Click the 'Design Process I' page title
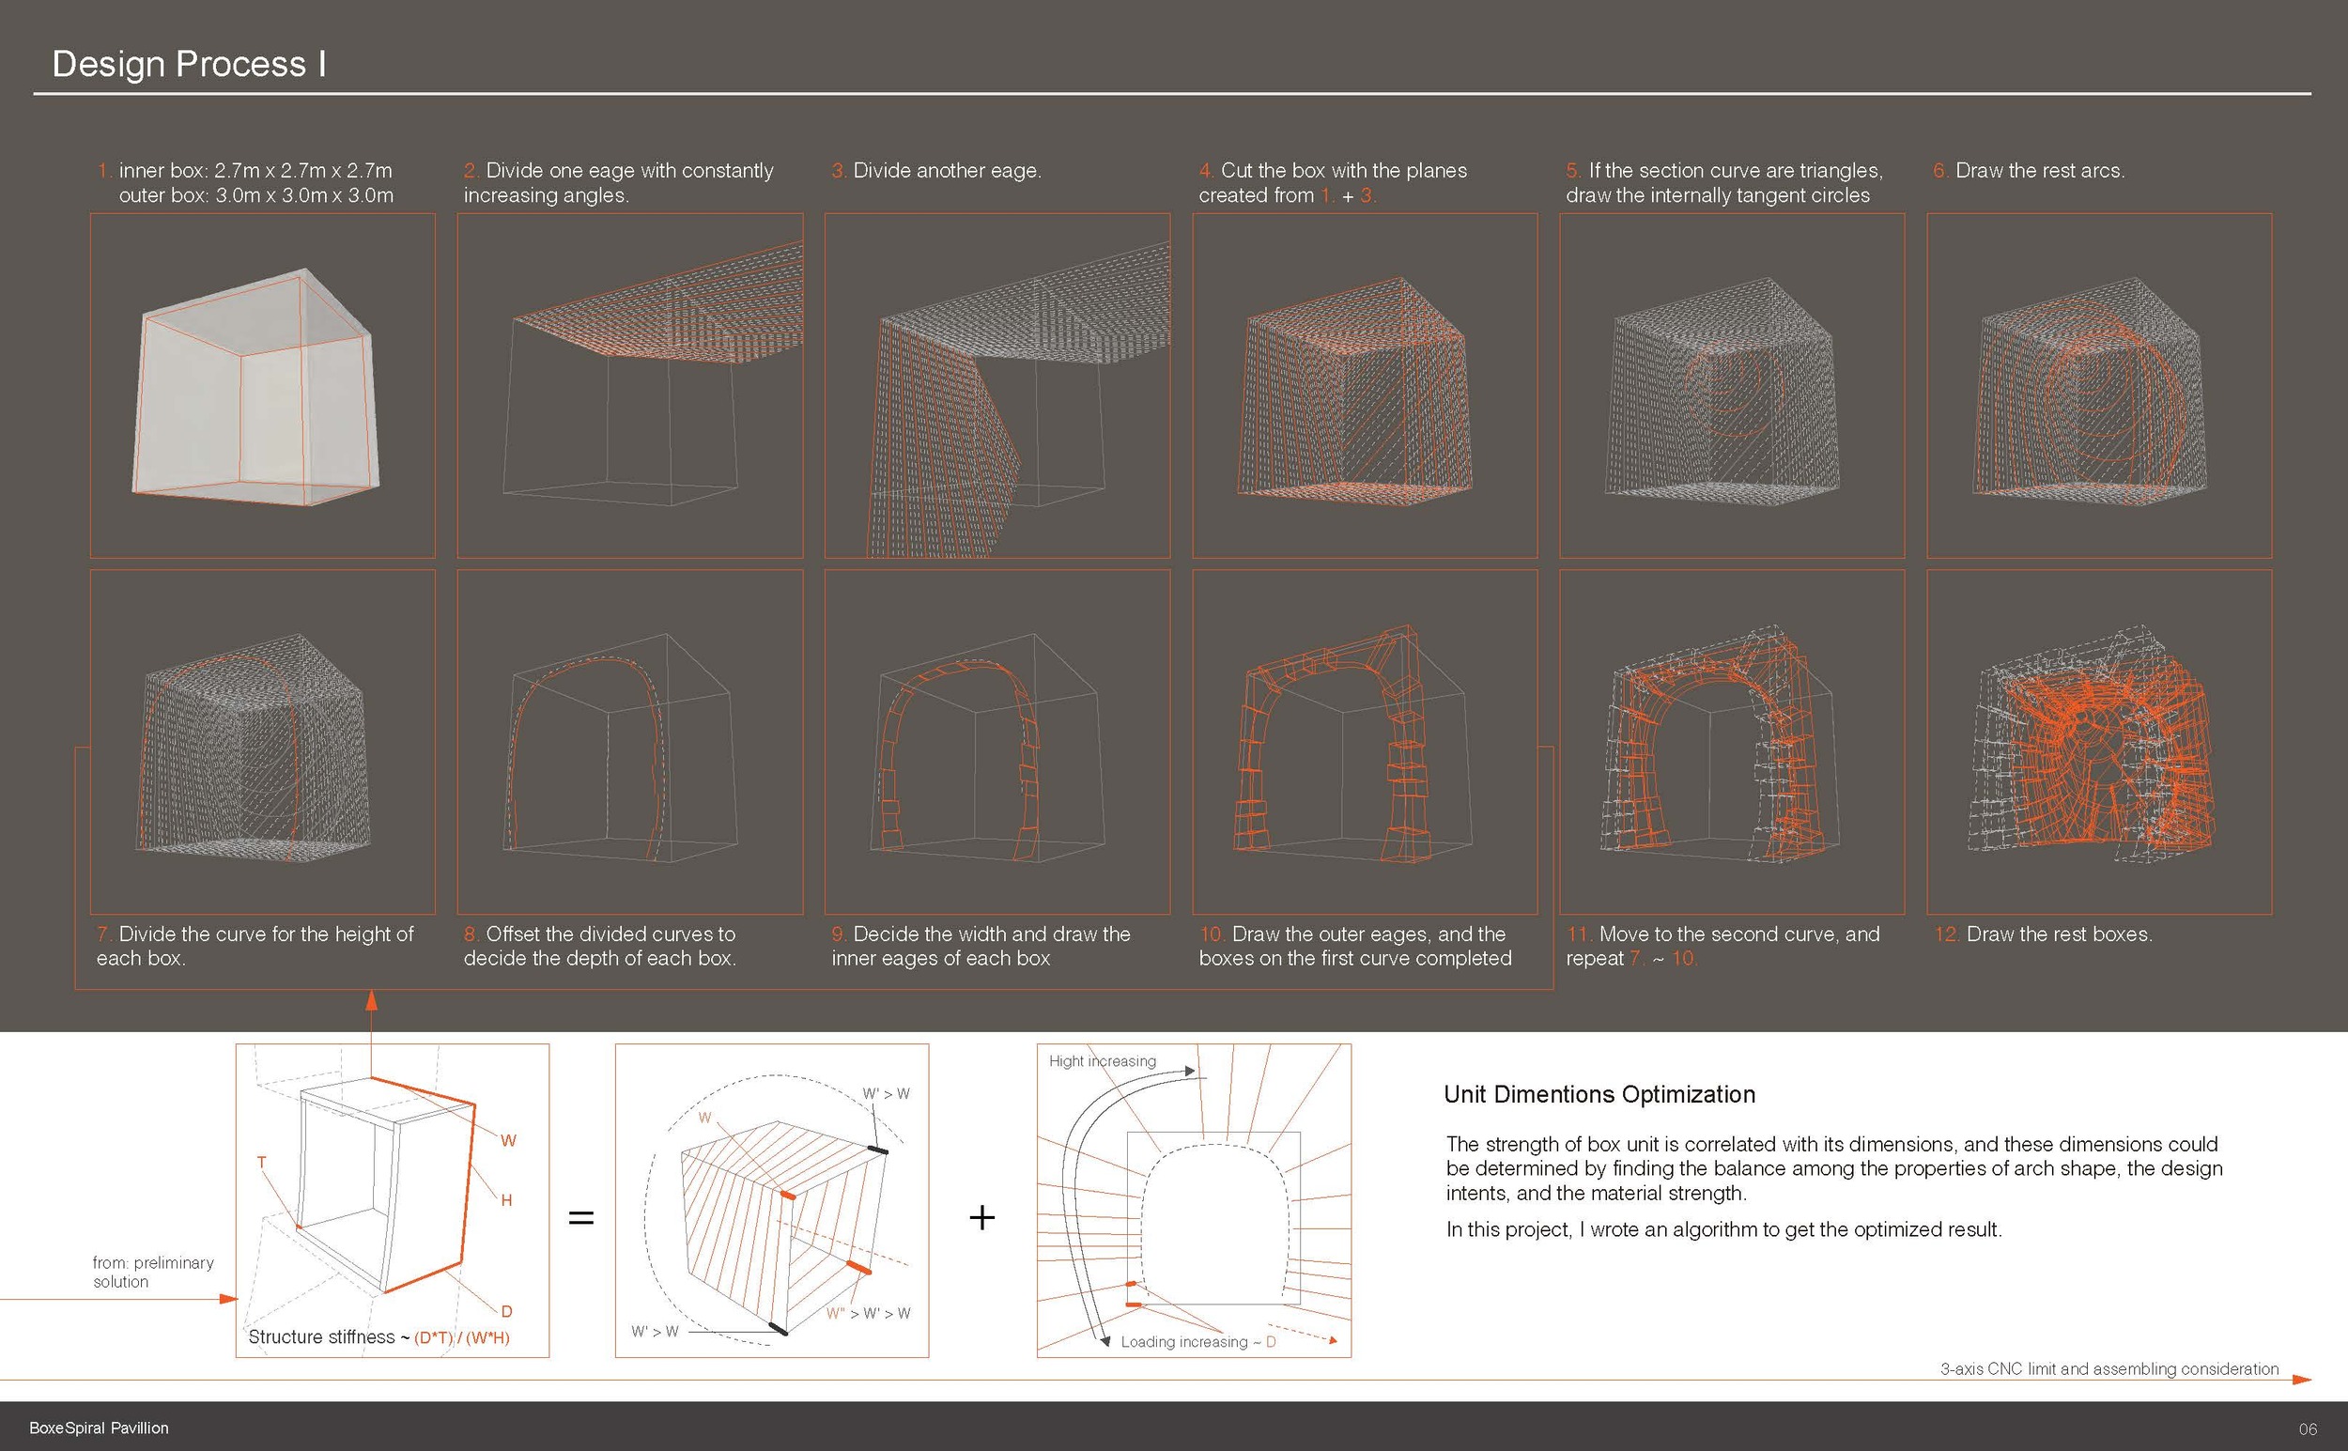(x=189, y=64)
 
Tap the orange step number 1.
(x=103, y=171)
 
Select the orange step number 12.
(x=1947, y=934)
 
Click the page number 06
(x=2308, y=1428)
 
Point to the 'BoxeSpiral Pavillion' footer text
(x=99, y=1428)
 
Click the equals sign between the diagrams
(x=581, y=1218)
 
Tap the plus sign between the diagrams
(x=981, y=1218)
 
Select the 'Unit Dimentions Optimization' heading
(x=1599, y=1095)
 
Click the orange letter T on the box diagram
(x=261, y=1163)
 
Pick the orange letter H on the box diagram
(x=506, y=1200)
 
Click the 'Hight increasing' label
(x=1102, y=1061)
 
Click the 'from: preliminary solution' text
(x=152, y=1272)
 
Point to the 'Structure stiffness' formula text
(x=378, y=1336)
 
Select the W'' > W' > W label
(x=868, y=1314)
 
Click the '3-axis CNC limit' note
(x=2109, y=1368)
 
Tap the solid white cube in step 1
(x=255, y=389)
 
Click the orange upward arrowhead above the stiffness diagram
(x=371, y=1000)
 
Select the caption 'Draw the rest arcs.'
(x=2039, y=171)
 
